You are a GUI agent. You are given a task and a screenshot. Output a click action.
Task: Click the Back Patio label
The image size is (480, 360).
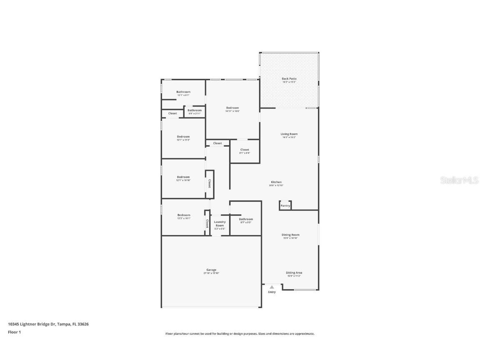click(x=289, y=79)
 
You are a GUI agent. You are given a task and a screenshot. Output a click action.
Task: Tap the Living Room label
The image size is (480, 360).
click(x=289, y=134)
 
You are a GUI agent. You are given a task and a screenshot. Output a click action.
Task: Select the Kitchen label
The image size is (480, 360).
click(x=276, y=182)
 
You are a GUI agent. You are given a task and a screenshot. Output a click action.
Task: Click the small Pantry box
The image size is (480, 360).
click(x=285, y=205)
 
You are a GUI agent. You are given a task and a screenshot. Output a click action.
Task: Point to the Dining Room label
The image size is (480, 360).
click(x=290, y=235)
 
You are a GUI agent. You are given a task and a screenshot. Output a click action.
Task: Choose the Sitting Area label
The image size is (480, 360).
click(x=294, y=273)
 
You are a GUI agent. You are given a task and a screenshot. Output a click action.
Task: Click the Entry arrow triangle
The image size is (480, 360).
click(x=272, y=287)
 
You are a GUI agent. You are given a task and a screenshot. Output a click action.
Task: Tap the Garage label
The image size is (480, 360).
click(x=211, y=270)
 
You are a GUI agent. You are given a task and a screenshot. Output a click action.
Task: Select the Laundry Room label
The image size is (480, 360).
click(x=220, y=224)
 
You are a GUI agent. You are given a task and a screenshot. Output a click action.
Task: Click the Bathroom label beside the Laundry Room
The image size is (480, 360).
click(x=246, y=219)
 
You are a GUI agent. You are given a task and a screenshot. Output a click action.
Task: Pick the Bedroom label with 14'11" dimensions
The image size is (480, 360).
click(x=232, y=108)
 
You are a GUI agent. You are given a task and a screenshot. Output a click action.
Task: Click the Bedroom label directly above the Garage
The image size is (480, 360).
click(x=183, y=215)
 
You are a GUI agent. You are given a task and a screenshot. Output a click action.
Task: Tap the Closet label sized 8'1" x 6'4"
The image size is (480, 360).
click(x=245, y=150)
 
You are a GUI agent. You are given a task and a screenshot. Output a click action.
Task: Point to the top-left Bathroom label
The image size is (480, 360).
click(x=183, y=92)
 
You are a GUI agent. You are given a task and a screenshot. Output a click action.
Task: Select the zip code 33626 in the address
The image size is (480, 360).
click(x=83, y=324)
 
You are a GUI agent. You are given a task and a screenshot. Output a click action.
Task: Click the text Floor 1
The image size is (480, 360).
click(x=14, y=332)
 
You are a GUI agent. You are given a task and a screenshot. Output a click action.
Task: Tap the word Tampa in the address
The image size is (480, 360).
click(x=63, y=324)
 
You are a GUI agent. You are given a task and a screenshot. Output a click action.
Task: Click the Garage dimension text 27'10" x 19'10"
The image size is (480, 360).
click(x=211, y=273)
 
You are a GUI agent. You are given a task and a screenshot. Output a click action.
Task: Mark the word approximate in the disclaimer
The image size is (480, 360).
click(x=305, y=334)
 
